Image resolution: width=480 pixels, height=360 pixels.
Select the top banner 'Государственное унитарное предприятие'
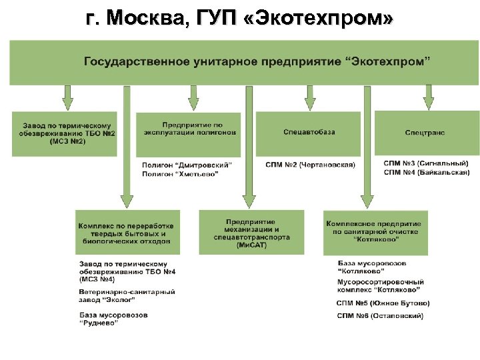point(257,61)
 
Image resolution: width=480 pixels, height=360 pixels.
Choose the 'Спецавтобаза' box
point(309,132)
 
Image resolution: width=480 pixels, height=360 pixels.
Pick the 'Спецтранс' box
point(425,133)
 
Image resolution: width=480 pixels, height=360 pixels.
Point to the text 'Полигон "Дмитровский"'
point(187,165)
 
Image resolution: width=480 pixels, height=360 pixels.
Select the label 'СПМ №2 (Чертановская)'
point(310,165)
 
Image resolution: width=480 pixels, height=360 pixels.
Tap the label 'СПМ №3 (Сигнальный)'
point(426,163)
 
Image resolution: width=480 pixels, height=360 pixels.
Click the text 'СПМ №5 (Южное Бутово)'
point(383,303)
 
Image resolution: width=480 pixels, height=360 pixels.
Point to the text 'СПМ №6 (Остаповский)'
point(380,315)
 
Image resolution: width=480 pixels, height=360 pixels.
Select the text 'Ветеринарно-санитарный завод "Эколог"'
point(127,296)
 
